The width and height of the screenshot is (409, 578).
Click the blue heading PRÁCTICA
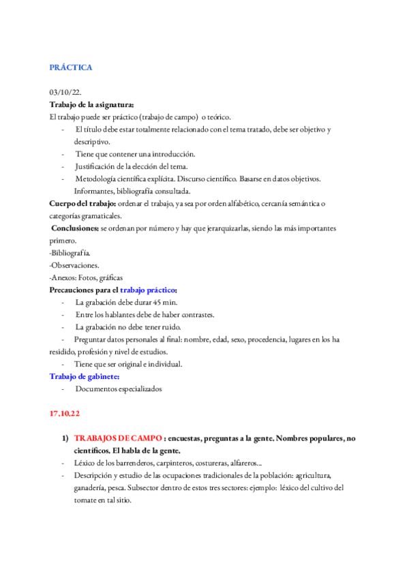pos(70,67)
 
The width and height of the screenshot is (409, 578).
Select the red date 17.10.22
pos(64,414)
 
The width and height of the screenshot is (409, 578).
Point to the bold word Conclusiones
pos(75,228)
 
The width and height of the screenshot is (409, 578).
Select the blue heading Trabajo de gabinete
pos(85,376)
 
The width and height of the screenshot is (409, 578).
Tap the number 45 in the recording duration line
pos(161,303)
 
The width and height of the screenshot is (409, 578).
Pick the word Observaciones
pos(76,265)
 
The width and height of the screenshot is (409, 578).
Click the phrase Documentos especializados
pos(119,389)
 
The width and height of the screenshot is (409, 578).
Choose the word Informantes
pos(93,191)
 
